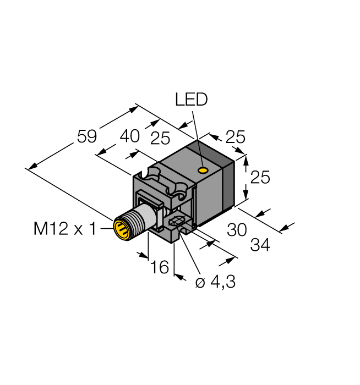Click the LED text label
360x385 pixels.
191,100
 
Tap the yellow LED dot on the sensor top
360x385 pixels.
204,170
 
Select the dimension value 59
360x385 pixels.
87,136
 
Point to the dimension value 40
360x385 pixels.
130,136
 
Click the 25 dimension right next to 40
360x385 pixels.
160,139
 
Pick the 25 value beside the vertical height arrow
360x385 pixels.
260,178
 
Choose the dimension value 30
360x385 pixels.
237,230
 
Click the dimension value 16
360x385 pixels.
159,268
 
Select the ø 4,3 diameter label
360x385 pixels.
216,283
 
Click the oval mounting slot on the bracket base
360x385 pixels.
177,223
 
